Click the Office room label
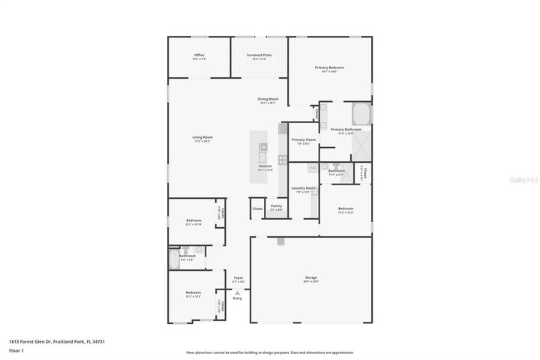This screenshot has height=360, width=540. click(199, 55)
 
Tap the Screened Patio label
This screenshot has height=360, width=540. click(259, 55)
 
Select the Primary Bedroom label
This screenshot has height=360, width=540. click(329, 68)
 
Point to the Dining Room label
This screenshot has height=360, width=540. click(268, 100)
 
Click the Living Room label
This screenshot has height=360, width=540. click(202, 137)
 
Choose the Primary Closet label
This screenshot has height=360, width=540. click(303, 140)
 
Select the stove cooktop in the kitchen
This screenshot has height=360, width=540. click(283, 159)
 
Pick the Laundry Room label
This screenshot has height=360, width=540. click(303, 189)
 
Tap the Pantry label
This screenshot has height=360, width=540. click(276, 206)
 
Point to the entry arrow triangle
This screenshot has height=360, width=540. click(238, 292)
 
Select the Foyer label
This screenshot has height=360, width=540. click(238, 278)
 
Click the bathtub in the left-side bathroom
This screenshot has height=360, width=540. click(173, 259)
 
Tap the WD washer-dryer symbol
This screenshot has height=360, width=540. click(292, 168)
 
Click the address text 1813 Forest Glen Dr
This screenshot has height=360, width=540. click(57, 340)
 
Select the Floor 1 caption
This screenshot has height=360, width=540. click(16, 350)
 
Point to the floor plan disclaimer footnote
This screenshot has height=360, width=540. click(269, 352)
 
